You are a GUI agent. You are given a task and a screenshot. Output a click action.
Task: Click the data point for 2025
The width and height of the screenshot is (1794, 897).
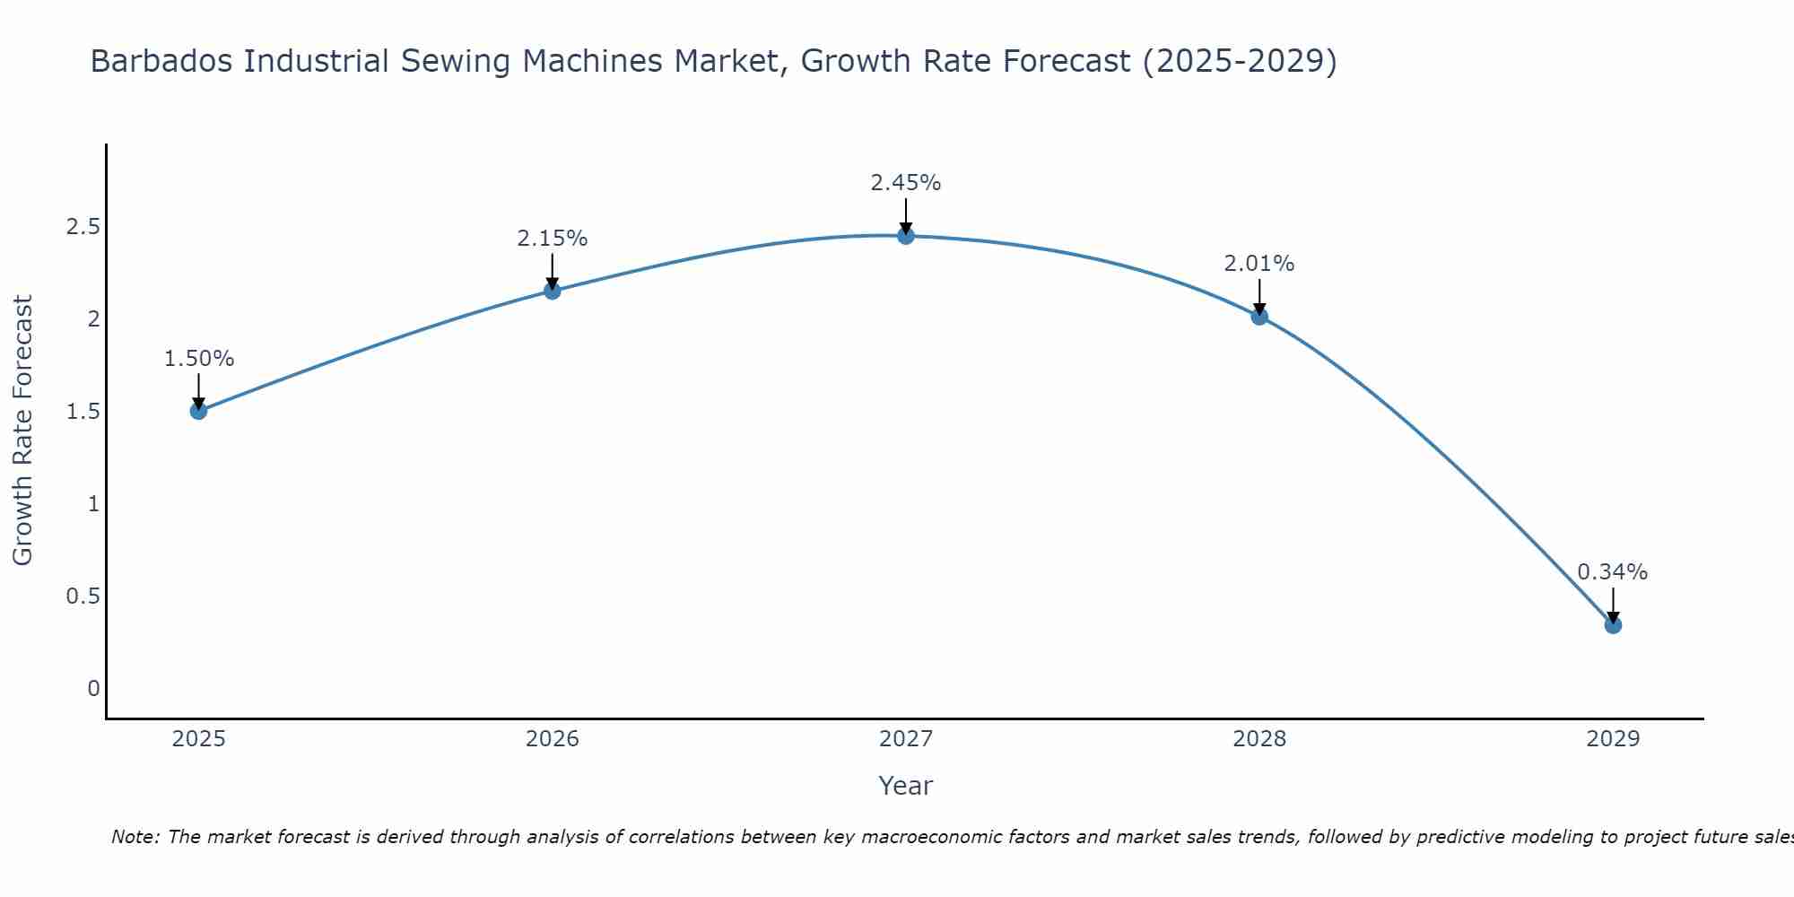[x=198, y=411]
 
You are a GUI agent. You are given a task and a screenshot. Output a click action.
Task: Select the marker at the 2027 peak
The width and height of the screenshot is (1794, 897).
[x=906, y=236]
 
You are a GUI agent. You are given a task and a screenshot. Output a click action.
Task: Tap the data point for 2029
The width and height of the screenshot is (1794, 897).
[x=1613, y=625]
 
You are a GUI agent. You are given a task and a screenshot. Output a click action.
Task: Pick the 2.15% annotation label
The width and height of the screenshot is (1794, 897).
[x=552, y=239]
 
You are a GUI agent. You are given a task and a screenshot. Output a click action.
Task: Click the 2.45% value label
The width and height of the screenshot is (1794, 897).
[x=906, y=183]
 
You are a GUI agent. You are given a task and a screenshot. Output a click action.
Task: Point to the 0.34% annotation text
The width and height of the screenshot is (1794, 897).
[x=1612, y=572]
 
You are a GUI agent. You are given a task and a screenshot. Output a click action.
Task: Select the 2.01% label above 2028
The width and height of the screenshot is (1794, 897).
[x=1259, y=264]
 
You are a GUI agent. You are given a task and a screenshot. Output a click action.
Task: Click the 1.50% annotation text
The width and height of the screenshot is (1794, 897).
[x=198, y=359]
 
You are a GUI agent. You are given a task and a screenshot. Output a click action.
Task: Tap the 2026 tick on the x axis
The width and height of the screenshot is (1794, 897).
[x=552, y=739]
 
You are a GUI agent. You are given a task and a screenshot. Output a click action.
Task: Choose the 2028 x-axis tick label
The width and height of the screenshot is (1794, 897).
[x=1259, y=739]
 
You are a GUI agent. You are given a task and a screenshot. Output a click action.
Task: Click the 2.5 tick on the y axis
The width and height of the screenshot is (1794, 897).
[x=83, y=227]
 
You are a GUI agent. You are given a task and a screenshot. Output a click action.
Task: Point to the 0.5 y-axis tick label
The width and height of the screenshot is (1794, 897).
[x=83, y=597]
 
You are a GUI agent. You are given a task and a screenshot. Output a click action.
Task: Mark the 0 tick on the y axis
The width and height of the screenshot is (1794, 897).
[x=93, y=689]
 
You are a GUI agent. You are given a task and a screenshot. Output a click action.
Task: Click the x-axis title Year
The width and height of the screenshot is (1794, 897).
[x=906, y=786]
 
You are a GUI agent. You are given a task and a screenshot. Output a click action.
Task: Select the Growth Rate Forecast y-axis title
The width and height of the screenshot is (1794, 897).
[x=22, y=430]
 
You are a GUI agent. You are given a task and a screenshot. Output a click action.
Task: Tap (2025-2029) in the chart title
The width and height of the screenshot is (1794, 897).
[x=1239, y=62]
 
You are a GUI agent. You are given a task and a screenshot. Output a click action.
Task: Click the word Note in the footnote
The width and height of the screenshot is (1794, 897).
[x=134, y=837]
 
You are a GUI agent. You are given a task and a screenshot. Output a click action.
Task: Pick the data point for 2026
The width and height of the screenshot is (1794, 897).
[x=552, y=291]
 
